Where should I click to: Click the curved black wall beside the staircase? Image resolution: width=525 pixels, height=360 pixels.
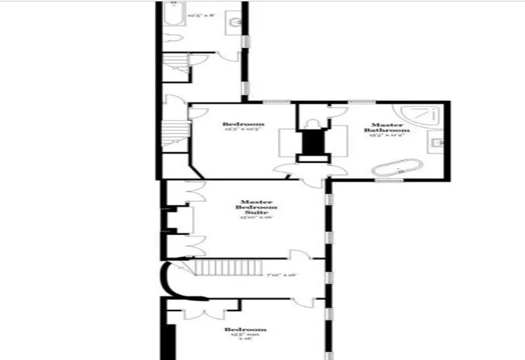tap(167, 280)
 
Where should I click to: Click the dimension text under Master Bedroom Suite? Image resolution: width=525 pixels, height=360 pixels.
tap(256, 217)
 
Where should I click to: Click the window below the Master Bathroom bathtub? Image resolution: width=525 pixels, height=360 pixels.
tap(388, 180)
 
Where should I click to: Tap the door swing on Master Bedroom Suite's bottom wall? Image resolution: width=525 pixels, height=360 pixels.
tap(298, 255)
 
